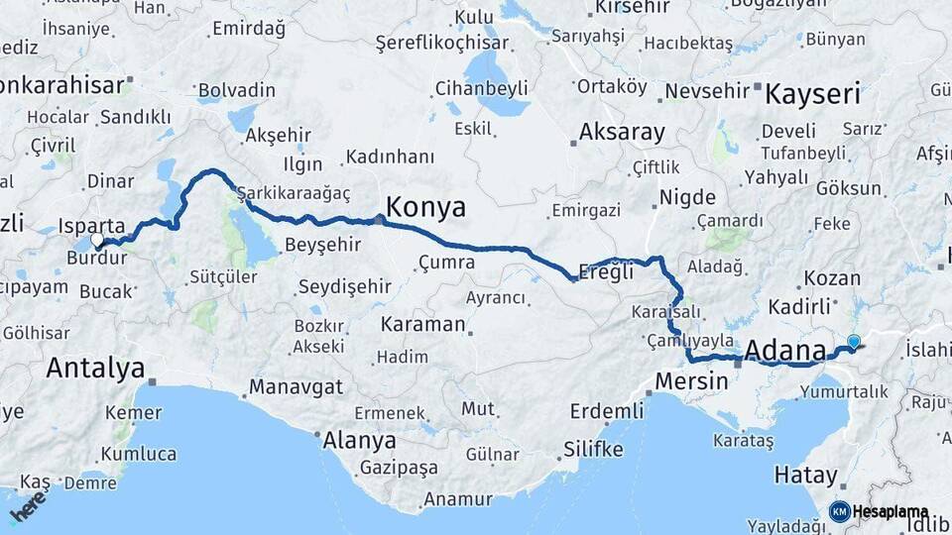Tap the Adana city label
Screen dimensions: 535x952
coord(783,350)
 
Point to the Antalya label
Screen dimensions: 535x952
coord(95,369)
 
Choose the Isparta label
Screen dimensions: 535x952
coord(92,226)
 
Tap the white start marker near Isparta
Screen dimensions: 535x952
coord(97,239)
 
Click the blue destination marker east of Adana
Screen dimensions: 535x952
coord(854,342)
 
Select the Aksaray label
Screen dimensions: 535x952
coord(622,132)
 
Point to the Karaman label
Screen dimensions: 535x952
coord(422,324)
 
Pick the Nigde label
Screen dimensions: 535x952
coord(687,196)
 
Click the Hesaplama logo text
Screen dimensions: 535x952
coord(891,511)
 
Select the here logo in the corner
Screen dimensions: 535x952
coord(28,505)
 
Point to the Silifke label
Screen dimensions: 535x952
coord(593,449)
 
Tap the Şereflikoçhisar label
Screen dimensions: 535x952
coord(442,43)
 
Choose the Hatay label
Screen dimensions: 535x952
coord(806,476)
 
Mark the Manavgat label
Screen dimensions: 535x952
coord(296,385)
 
